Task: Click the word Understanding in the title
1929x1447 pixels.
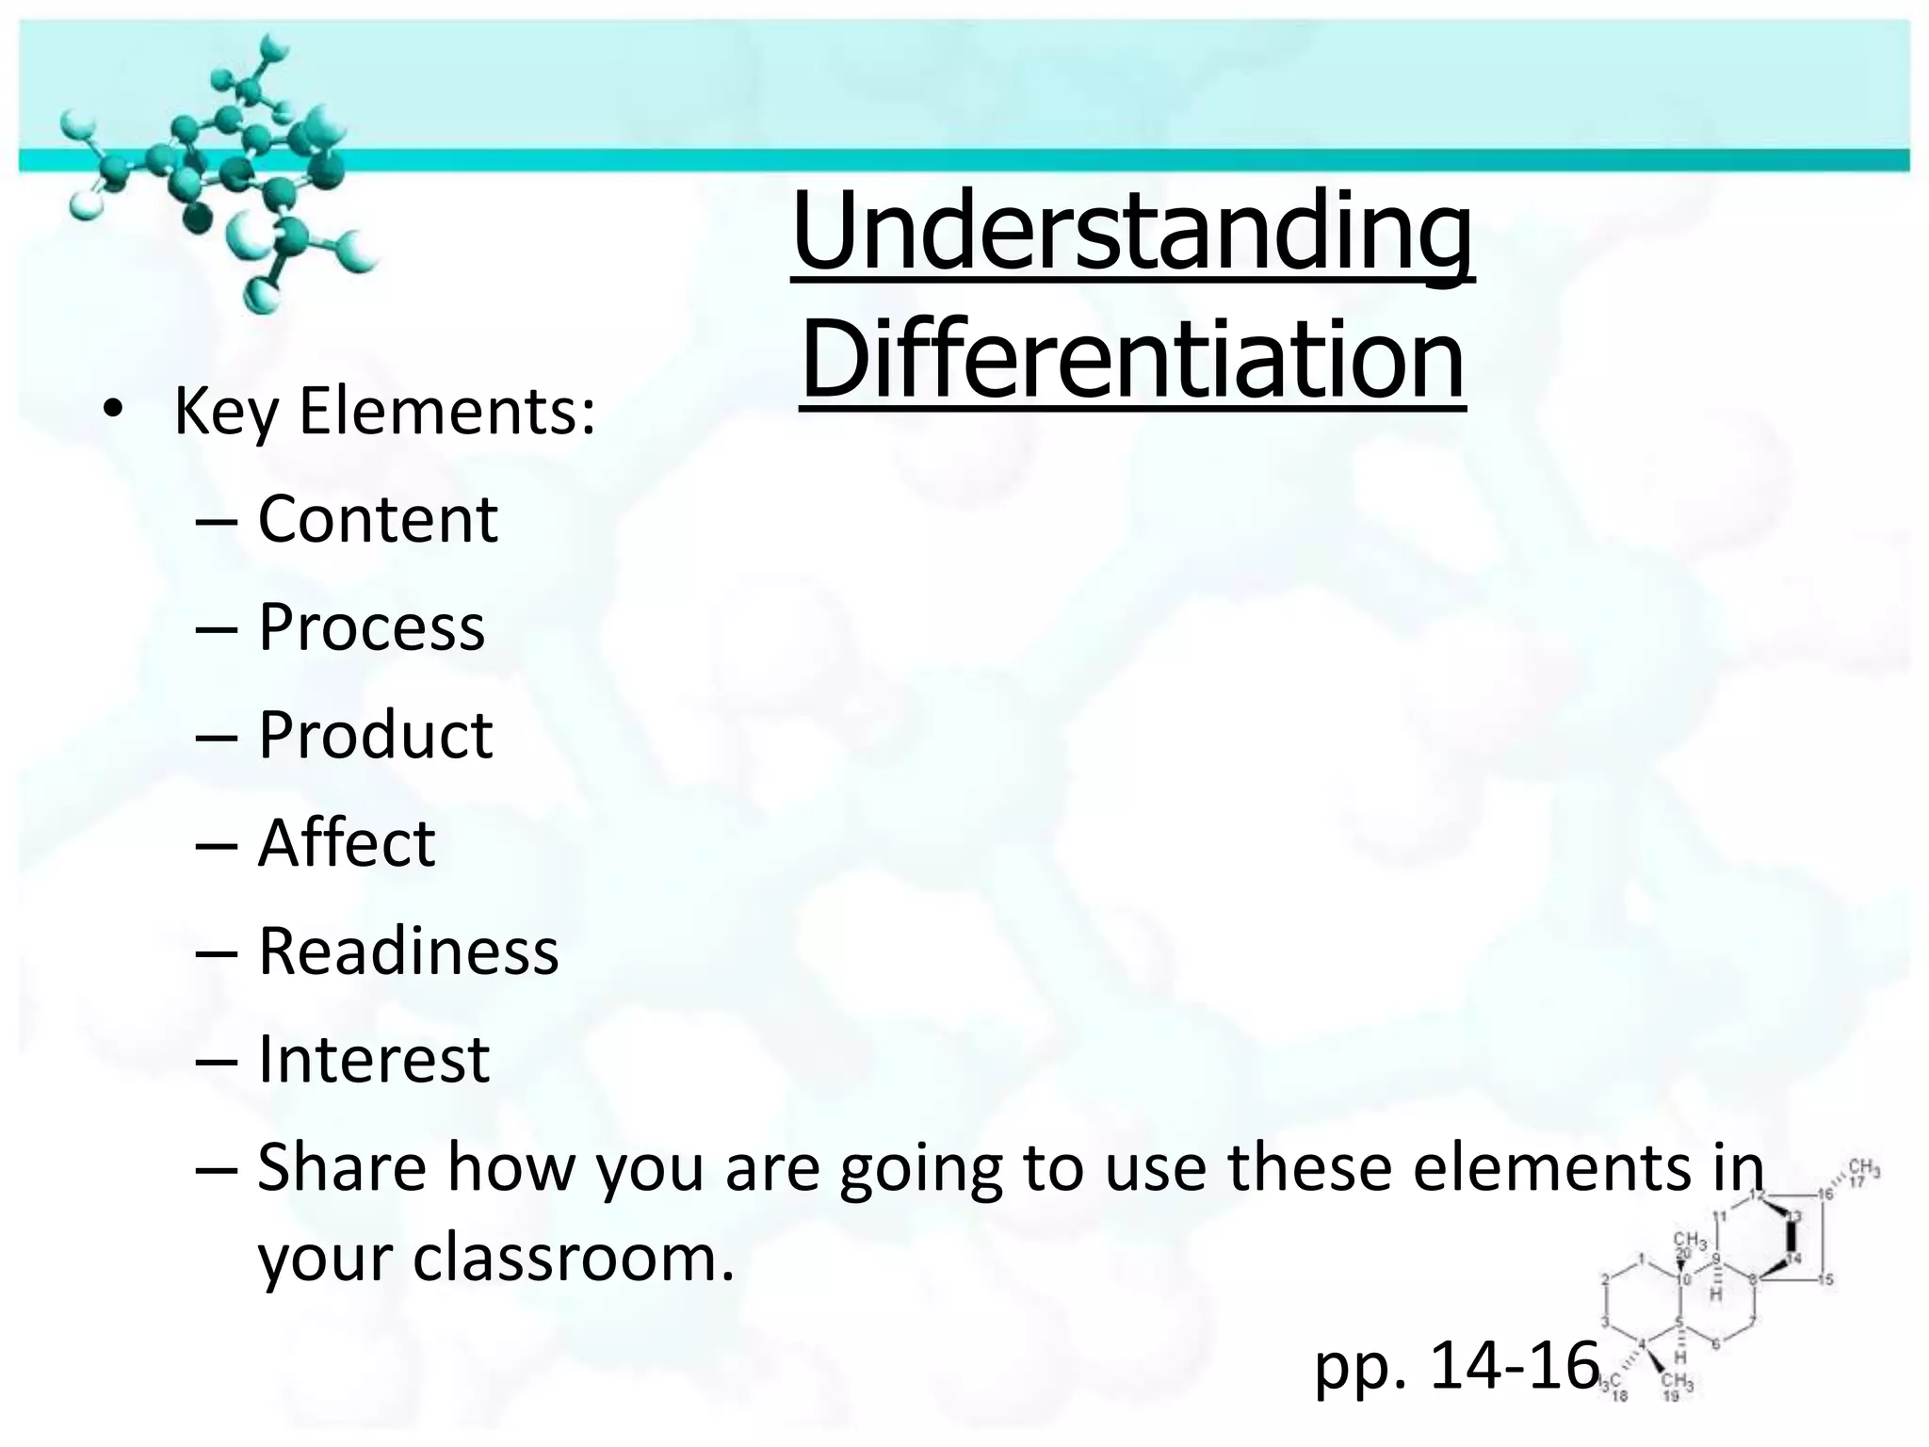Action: (1132, 231)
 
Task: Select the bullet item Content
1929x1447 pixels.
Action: (378, 519)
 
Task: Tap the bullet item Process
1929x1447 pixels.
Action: (371, 627)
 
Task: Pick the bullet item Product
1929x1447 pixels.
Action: (375, 735)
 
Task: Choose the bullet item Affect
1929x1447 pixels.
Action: (346, 842)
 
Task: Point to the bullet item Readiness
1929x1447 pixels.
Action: (408, 951)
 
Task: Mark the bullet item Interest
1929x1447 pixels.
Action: (373, 1059)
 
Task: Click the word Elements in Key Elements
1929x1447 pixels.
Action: (447, 412)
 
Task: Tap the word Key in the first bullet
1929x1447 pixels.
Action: (226, 412)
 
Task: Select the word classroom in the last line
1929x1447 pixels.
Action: (573, 1258)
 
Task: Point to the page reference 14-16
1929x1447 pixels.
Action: (1515, 1365)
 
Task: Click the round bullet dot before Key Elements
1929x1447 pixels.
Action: (113, 410)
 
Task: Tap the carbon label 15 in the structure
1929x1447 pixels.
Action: (1825, 1279)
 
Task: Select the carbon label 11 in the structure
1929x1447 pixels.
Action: (1719, 1214)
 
